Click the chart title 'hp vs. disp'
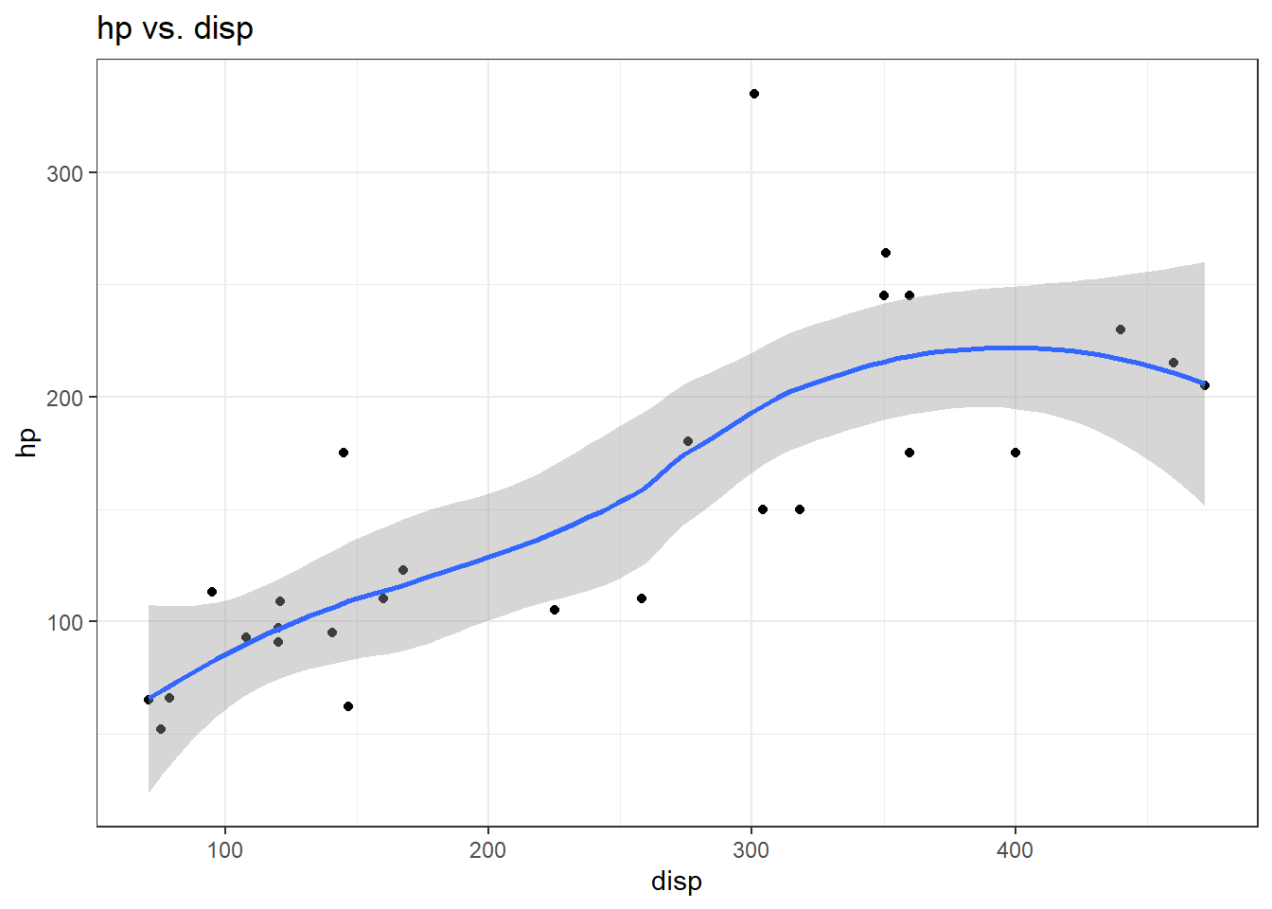tap(175, 28)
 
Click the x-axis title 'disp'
tap(676, 881)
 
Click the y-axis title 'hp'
tap(26, 442)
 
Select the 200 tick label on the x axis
tap(488, 849)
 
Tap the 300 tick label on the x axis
tap(751, 849)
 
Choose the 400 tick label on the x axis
tap(1015, 849)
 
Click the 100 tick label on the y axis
tap(64, 622)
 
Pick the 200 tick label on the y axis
tap(64, 398)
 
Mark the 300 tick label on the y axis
tap(64, 173)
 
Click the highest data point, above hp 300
tap(754, 94)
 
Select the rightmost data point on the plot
tap(1205, 385)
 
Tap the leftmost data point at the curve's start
tap(149, 700)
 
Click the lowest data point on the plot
tap(161, 729)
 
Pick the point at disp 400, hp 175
tap(1016, 453)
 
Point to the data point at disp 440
tap(1121, 330)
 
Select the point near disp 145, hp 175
tap(344, 453)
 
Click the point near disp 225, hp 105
tap(555, 610)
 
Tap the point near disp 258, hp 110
tap(642, 598)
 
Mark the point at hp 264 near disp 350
tap(886, 253)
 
